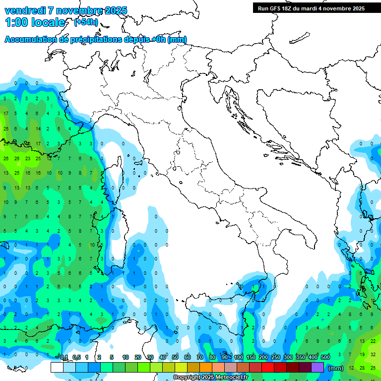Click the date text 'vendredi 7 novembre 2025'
pos(65,10)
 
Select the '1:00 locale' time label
pos(35,22)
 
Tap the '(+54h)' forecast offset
pos(85,22)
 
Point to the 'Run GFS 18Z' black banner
pos(310,8)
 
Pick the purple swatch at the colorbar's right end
pos(317,367)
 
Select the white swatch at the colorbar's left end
pos(57,367)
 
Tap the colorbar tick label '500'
pos(325,357)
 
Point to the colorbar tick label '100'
pos(238,357)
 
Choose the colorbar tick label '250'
pos(275,357)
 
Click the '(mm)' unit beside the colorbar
pos(336,368)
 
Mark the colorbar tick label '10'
pos(125,357)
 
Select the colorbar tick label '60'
pos(187,357)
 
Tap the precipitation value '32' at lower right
pos(373,354)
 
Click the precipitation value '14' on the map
pos(38,129)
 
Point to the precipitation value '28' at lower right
pos(362,368)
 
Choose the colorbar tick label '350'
pos(301,357)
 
